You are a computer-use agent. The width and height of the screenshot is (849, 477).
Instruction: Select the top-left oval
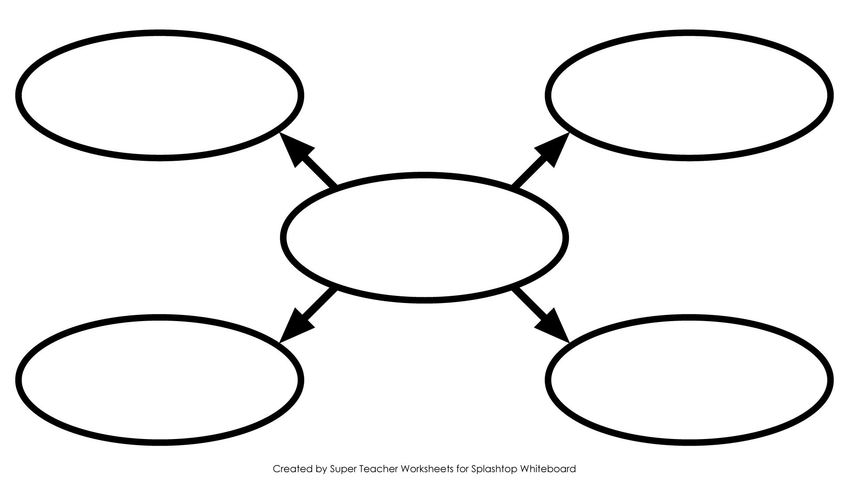[159, 33]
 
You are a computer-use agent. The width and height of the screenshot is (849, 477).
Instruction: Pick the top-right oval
[689, 33]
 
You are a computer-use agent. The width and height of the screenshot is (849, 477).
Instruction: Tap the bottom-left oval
[159, 318]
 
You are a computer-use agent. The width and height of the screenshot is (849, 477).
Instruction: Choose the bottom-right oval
[689, 318]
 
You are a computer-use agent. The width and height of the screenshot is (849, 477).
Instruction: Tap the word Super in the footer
[341, 469]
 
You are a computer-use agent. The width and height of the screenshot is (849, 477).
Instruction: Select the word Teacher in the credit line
[374, 468]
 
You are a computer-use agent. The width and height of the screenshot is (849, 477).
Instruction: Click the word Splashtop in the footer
[493, 469]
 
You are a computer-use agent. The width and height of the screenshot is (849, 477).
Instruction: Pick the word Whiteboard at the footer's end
[548, 468]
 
